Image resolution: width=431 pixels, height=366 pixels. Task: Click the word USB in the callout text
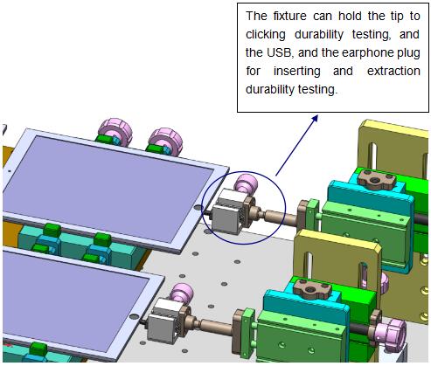pos(279,52)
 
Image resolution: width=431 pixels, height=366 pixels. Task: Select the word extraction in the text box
pos(393,71)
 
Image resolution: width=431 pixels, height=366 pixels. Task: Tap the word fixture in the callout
pos(290,16)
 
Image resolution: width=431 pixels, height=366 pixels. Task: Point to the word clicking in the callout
pos(266,35)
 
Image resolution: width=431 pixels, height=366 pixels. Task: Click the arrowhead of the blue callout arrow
pos(315,118)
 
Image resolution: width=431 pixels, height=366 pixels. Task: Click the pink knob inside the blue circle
pos(247,183)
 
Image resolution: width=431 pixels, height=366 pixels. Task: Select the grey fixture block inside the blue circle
pos(229,211)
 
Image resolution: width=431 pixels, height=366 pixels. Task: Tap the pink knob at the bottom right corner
pos(390,332)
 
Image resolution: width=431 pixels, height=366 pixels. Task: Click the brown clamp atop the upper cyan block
pos(377,180)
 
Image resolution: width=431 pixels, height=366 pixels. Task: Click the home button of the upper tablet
pos(198,207)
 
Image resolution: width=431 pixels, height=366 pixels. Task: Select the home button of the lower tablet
pos(134,316)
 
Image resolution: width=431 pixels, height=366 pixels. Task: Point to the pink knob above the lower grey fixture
pos(181,293)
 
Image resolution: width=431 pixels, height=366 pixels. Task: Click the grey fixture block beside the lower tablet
pos(164,320)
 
